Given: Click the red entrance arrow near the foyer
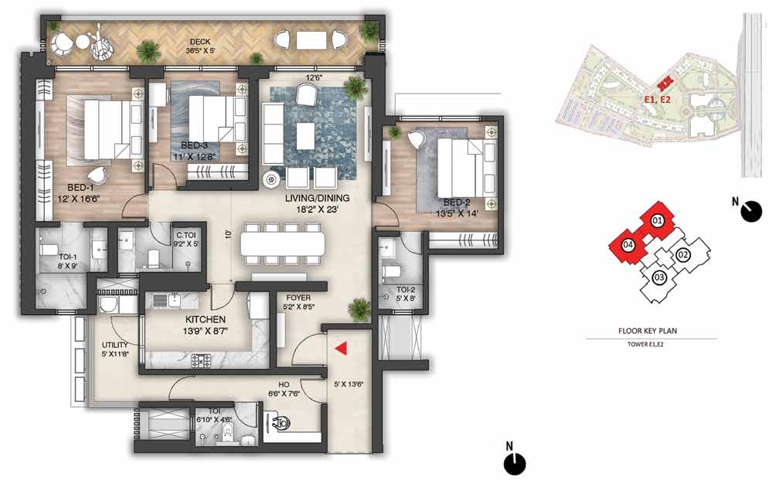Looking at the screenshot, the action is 341,349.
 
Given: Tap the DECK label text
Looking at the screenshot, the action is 200,42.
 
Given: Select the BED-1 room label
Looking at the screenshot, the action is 80,188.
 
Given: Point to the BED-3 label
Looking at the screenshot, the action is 194,145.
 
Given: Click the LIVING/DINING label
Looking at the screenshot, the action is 317,198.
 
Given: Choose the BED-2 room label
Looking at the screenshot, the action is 457,203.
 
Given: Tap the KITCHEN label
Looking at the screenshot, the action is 206,319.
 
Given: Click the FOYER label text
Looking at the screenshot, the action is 298,298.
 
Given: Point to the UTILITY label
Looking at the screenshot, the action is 115,345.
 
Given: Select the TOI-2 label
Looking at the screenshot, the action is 405,289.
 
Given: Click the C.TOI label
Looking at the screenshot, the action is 185,236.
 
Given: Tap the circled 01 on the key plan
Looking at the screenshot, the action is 657,220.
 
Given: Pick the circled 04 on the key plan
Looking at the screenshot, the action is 628,244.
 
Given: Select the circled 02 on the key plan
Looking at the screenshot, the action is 683,255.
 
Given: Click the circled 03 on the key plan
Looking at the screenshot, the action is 659,278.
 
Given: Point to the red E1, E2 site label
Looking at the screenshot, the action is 657,100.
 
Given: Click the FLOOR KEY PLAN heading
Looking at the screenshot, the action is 648,331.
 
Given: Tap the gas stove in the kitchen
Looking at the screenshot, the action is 202,360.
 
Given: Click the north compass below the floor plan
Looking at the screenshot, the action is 515,463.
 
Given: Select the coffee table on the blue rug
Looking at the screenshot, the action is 305,136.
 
